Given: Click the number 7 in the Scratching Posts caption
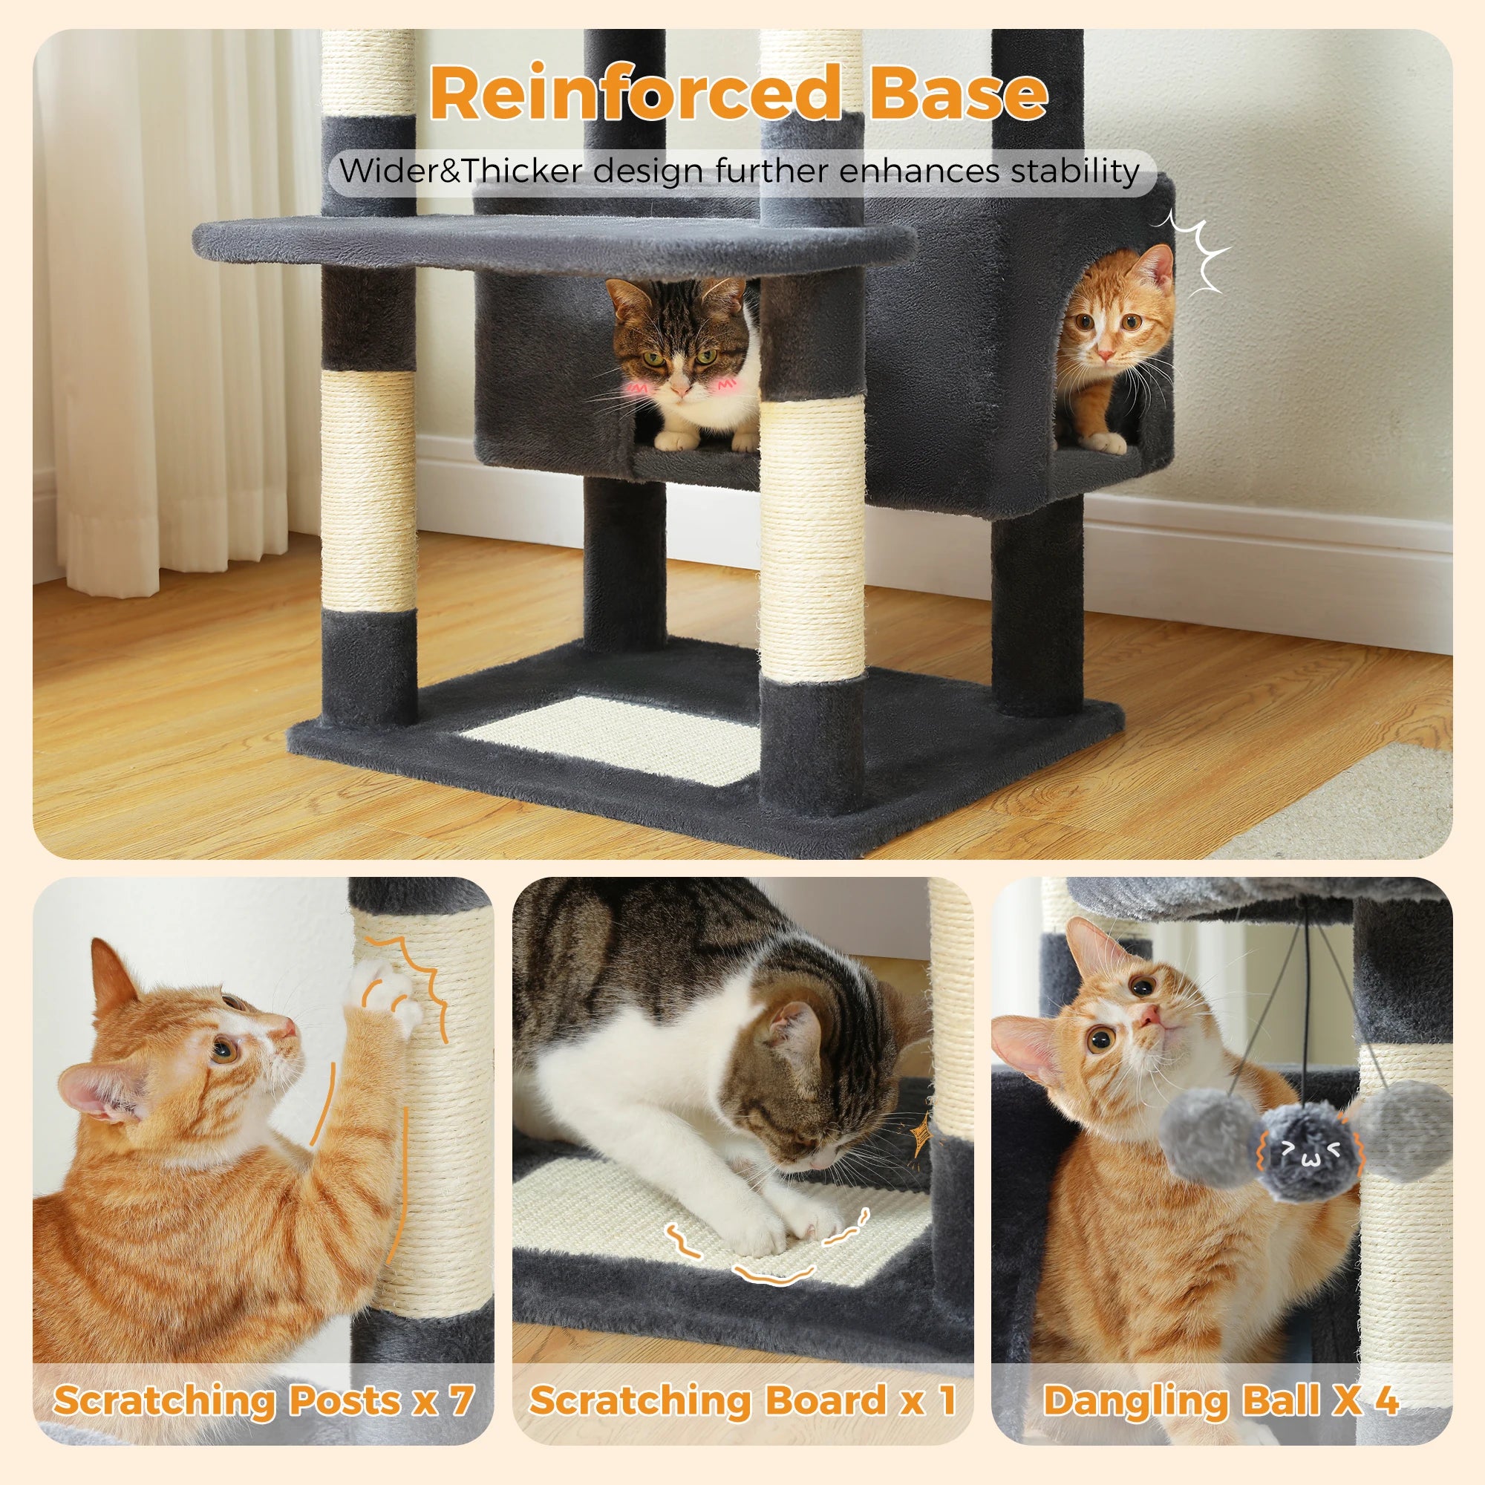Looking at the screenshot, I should pyautogui.click(x=460, y=1401).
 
